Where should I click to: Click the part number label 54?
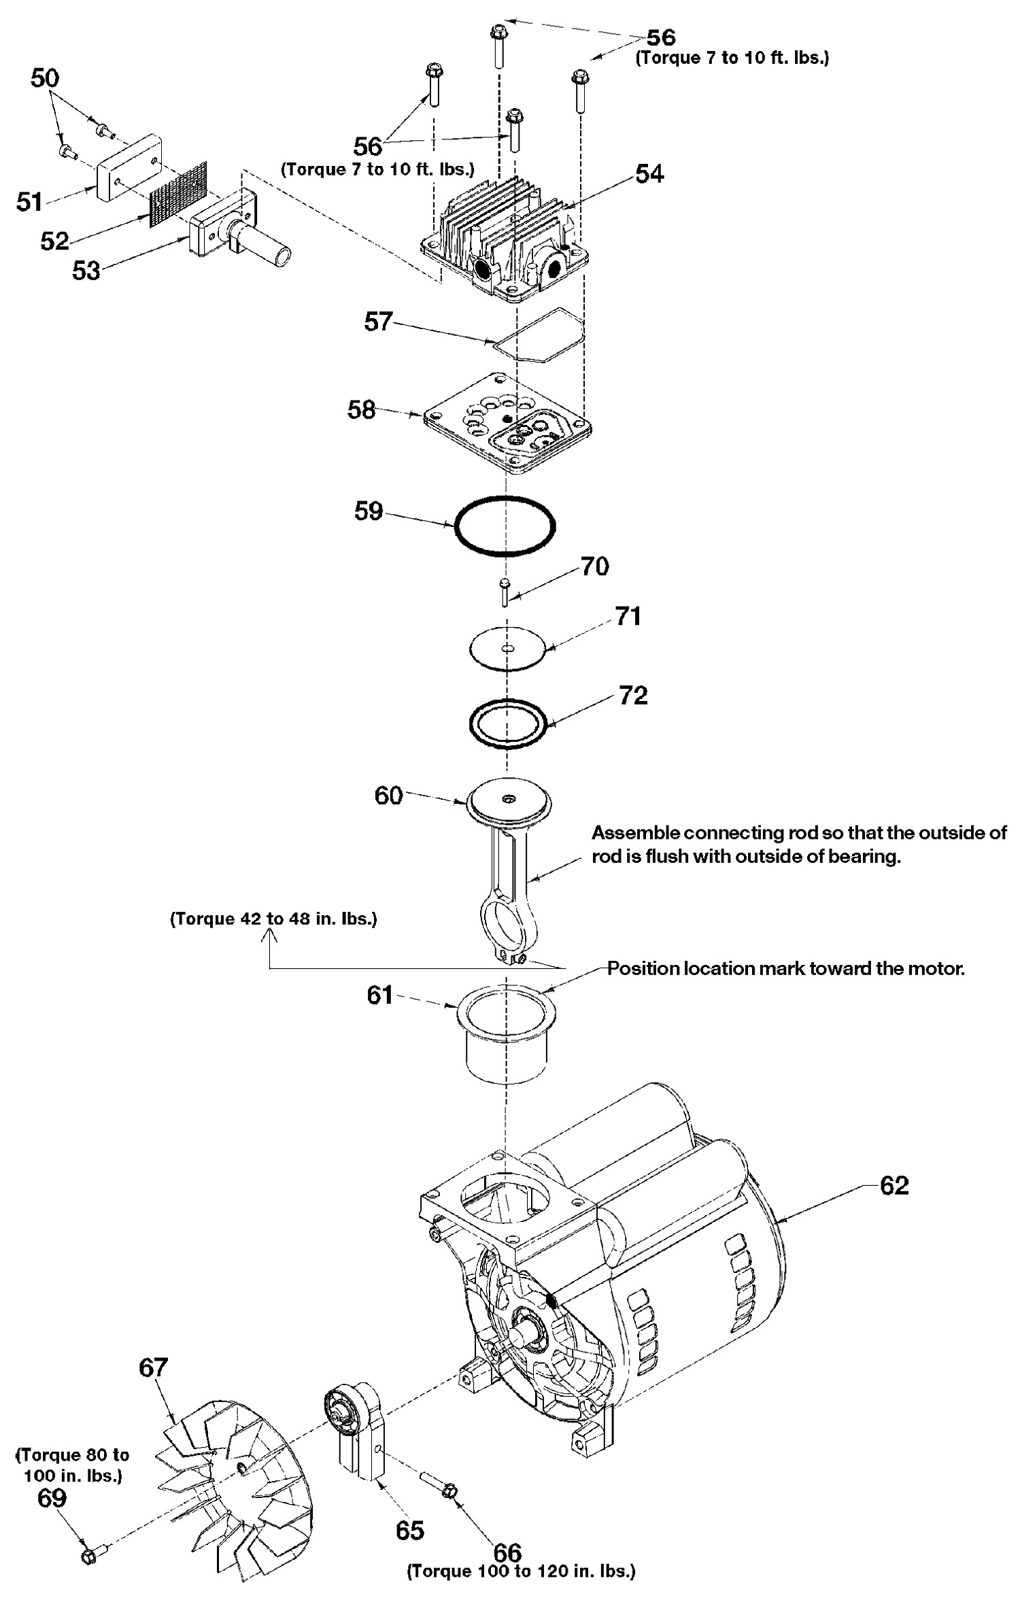pyautogui.click(x=649, y=174)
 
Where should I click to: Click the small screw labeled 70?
pyautogui.click(x=504, y=594)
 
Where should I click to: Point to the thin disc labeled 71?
pyautogui.click(x=507, y=648)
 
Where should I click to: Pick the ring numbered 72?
pyautogui.click(x=508, y=722)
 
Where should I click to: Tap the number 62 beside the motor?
pyautogui.click(x=894, y=1185)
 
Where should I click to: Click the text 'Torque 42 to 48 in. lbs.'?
pyautogui.click(x=273, y=919)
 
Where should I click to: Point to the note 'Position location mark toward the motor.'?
pyautogui.click(x=785, y=968)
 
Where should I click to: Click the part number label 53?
pyautogui.click(x=86, y=270)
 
